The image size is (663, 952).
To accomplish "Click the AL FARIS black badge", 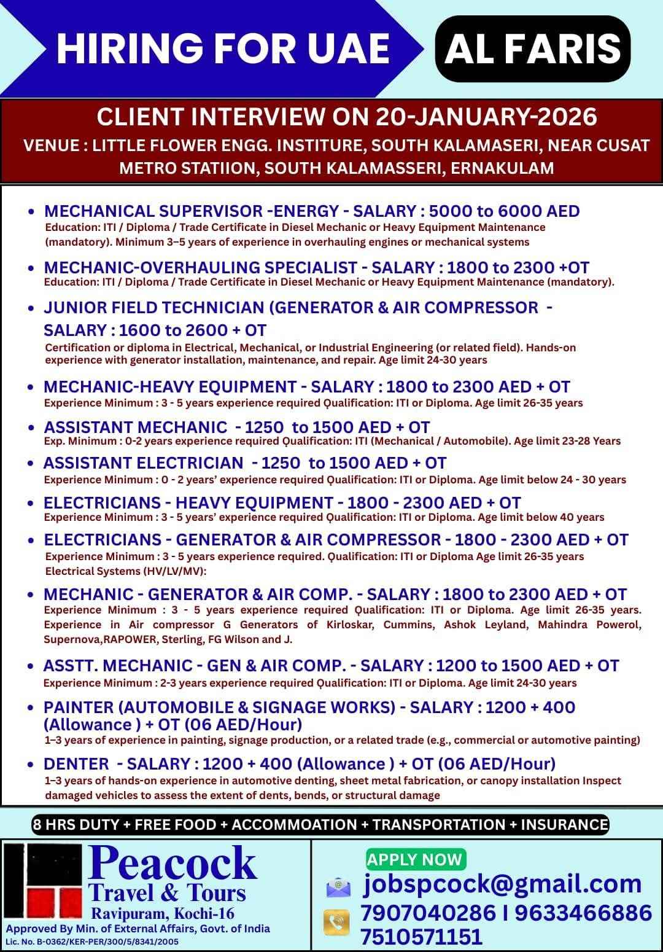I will [x=532, y=49].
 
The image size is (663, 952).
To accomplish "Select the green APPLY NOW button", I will [x=415, y=859].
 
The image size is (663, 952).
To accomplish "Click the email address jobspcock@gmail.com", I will [x=503, y=884].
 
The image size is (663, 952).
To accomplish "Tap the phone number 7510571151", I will [x=421, y=937].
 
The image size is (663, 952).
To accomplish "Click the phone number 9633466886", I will [x=583, y=912].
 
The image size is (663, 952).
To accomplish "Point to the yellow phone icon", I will [x=336, y=923].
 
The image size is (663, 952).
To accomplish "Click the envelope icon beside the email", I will [x=338, y=887].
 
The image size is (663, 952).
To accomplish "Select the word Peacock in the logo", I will [x=173, y=863].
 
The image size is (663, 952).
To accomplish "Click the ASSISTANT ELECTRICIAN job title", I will [x=143, y=462].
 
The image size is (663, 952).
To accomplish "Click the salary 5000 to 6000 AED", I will [x=504, y=211].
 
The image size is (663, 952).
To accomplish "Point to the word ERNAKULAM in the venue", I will [x=502, y=168].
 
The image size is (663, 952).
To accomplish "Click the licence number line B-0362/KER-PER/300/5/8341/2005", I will [x=92, y=941].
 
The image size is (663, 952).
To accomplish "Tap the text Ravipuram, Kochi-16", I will [x=163, y=913].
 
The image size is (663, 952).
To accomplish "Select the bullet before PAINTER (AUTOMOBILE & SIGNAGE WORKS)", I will [x=31, y=708].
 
